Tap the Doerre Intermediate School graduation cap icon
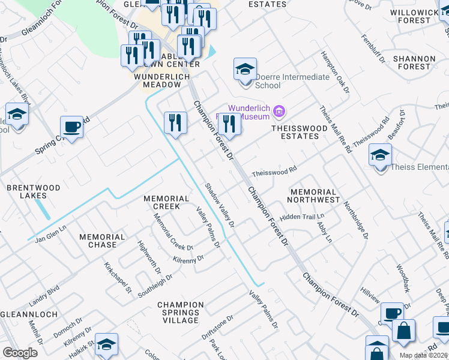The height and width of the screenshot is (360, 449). [245, 70]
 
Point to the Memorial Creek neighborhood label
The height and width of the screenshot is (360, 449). [166, 202]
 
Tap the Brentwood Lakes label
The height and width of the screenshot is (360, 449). [33, 191]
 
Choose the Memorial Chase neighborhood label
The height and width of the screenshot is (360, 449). [102, 241]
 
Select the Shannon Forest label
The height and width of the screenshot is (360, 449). [414, 62]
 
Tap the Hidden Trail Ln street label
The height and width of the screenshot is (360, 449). [302, 217]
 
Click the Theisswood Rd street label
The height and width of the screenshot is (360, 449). [274, 172]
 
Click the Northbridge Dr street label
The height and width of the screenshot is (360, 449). [355, 219]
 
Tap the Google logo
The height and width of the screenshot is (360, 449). [20, 353]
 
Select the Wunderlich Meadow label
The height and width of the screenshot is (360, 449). [161, 80]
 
